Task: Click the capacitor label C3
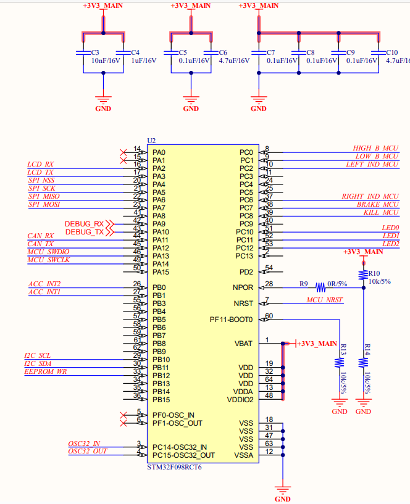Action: point(95,53)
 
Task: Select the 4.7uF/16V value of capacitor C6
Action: point(234,61)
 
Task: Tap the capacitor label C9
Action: point(350,53)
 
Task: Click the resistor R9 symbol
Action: point(320,287)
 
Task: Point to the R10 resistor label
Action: point(374,273)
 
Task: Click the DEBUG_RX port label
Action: point(85,223)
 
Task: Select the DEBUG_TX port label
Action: point(85,231)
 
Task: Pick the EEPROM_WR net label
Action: point(46,372)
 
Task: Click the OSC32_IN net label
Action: point(84,444)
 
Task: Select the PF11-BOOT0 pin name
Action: point(232,320)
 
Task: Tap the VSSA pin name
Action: point(244,455)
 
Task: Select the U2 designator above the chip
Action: point(151,141)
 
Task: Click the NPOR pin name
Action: point(243,287)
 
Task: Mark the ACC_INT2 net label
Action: point(44,284)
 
